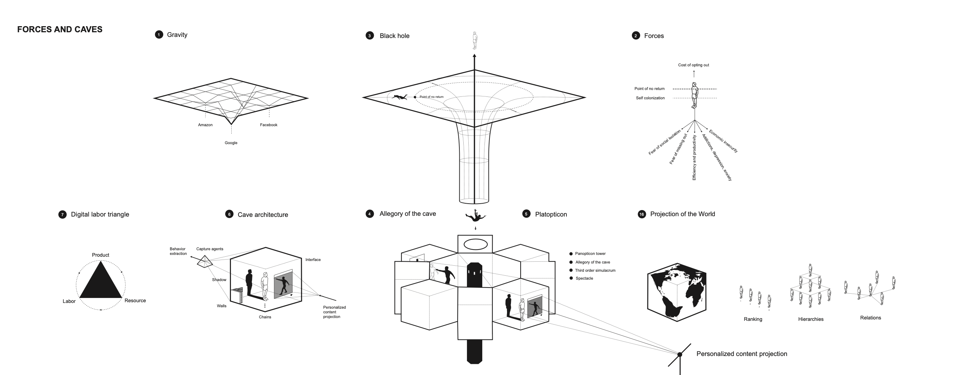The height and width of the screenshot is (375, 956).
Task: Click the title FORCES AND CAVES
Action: [60, 29]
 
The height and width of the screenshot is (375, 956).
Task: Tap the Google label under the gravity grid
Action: [231, 143]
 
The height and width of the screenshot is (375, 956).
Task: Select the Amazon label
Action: [205, 125]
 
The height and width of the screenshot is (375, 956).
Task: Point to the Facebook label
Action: [268, 125]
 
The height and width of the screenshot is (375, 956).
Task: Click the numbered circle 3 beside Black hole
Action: [370, 36]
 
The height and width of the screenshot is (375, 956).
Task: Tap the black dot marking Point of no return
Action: [415, 97]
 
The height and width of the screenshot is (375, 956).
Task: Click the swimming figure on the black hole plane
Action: [400, 97]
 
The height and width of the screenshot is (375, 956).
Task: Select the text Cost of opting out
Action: [693, 65]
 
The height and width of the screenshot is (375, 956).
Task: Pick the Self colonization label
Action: [650, 98]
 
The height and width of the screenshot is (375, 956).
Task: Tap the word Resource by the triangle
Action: [135, 301]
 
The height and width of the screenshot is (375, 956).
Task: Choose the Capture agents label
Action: [210, 249]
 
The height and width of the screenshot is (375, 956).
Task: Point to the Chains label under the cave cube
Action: [265, 317]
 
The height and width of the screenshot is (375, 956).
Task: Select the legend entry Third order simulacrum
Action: [595, 271]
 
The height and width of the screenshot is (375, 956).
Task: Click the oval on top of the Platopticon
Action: [475, 244]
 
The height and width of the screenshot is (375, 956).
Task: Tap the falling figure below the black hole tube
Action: [475, 215]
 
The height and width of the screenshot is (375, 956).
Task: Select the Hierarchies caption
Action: [811, 319]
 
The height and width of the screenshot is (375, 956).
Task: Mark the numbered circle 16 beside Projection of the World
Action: [642, 214]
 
